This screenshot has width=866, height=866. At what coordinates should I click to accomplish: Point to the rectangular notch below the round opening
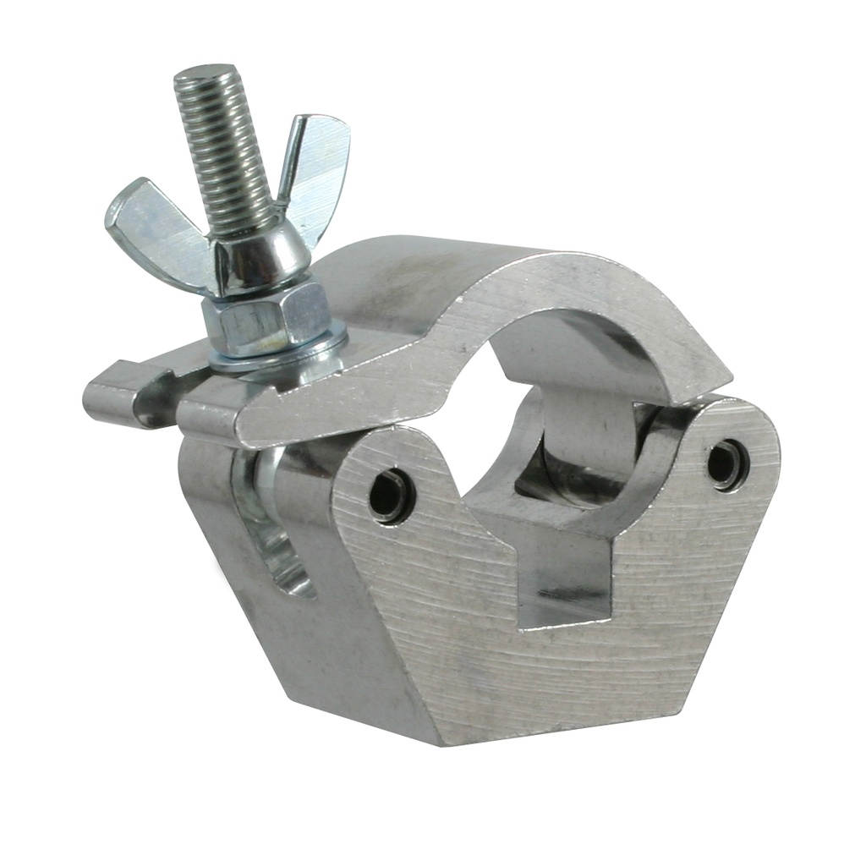pyautogui.click(x=562, y=575)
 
